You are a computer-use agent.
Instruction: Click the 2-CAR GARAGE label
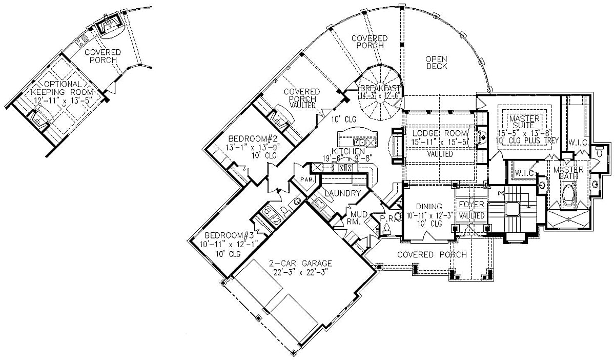click(301, 264)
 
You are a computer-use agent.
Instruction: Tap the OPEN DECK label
click(437, 63)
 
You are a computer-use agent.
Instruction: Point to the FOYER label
click(471, 205)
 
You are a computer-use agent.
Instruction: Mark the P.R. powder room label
click(386, 218)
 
